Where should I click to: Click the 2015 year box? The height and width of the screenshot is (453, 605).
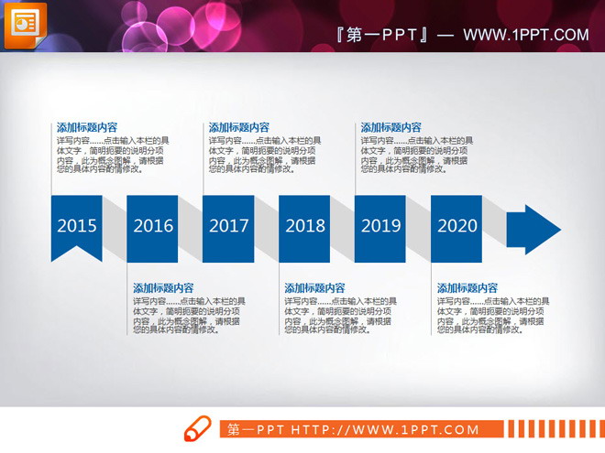click(76, 225)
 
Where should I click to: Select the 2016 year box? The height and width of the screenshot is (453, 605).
click(152, 225)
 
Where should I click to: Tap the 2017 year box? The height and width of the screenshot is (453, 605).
click(228, 225)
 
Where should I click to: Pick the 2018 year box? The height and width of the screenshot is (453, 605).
click(304, 225)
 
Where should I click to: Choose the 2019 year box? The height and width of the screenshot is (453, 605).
click(380, 225)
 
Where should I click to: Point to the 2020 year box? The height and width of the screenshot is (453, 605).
click(456, 225)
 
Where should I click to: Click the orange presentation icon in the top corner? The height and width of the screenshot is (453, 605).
click(25, 25)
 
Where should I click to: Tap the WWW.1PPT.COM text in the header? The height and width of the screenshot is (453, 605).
click(526, 36)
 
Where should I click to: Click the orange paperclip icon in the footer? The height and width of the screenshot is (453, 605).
click(197, 429)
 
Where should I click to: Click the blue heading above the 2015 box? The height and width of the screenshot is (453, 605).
click(87, 128)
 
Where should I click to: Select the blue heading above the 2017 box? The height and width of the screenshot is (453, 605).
click(239, 128)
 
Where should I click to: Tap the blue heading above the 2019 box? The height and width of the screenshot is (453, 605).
click(391, 128)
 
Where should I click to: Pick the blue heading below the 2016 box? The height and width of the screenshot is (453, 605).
click(163, 287)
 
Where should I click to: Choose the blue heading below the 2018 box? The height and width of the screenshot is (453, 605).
click(315, 287)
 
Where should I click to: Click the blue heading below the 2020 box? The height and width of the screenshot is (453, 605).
click(467, 287)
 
